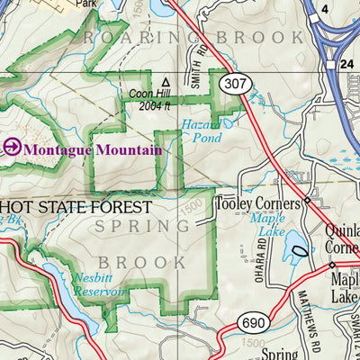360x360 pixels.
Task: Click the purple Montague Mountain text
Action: [x=93, y=148]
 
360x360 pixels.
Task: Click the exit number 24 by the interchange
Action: [x=347, y=65]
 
